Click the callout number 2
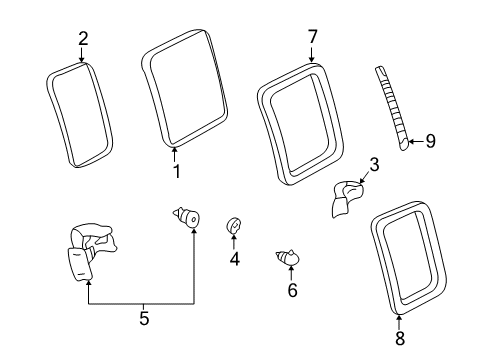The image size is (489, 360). pyautogui.click(x=84, y=39)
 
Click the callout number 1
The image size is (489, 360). pyautogui.click(x=176, y=171)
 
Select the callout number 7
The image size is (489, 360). pyautogui.click(x=312, y=37)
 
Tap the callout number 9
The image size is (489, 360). pyautogui.click(x=431, y=142)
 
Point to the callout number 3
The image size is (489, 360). pyautogui.click(x=373, y=165)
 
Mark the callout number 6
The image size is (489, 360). pyautogui.click(x=292, y=290)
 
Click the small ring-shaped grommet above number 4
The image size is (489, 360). pyautogui.click(x=234, y=226)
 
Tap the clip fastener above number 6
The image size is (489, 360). pyautogui.click(x=286, y=260)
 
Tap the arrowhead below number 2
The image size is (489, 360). pyautogui.click(x=84, y=61)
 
